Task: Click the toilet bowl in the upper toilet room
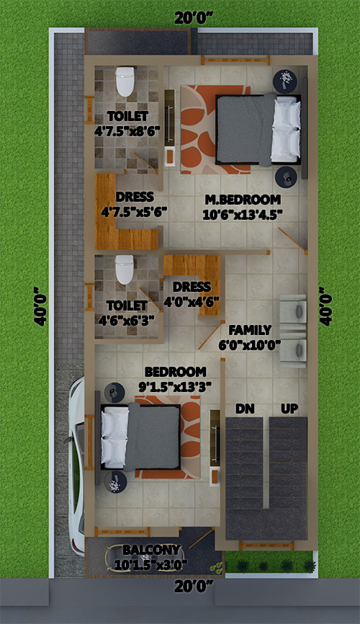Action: pyautogui.click(x=125, y=81)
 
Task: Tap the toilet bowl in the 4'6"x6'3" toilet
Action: pyautogui.click(x=125, y=269)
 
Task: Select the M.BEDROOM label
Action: pyautogui.click(x=243, y=199)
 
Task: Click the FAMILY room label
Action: pyautogui.click(x=250, y=330)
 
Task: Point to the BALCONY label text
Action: pyautogui.click(x=150, y=550)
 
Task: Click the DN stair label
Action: pyautogui.click(x=245, y=409)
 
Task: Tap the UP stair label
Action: pyautogui.click(x=289, y=409)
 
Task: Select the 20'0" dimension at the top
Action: pyautogui.click(x=194, y=17)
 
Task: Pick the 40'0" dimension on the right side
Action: pyautogui.click(x=325, y=306)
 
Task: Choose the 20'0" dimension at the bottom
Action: pyautogui.click(x=194, y=585)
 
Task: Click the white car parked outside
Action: pyautogui.click(x=76, y=465)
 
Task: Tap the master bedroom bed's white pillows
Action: pyautogui.click(x=286, y=129)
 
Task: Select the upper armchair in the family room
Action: pyautogui.click(x=293, y=311)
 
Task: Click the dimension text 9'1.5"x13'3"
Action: pyautogui.click(x=175, y=386)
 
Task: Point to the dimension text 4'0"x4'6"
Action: pyautogui.click(x=192, y=301)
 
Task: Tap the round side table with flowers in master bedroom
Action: pyautogui.click(x=285, y=81)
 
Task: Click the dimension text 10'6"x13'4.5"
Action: pyautogui.click(x=243, y=215)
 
